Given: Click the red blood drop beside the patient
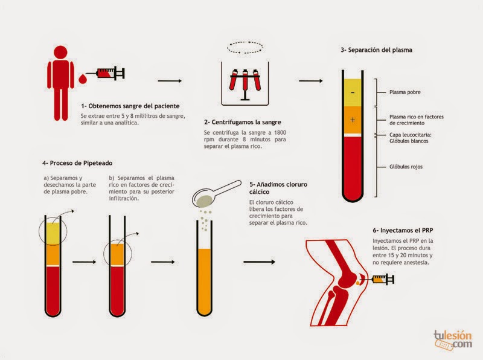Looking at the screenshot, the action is (x=83, y=79).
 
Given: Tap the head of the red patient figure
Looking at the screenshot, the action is (x=60, y=52).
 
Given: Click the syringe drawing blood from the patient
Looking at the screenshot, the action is (x=106, y=73).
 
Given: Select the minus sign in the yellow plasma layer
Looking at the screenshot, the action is (x=353, y=92).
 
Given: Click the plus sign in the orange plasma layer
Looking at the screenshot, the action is (x=353, y=120).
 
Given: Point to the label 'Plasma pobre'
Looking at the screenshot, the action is (x=405, y=92).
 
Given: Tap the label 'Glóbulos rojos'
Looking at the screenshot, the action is (x=406, y=167).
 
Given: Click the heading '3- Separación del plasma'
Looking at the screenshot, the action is (x=376, y=50).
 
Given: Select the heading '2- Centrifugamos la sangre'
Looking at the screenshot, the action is (x=243, y=122).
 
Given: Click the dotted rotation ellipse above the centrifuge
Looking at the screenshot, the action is (x=245, y=42).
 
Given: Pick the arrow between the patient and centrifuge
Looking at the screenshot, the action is (x=170, y=81).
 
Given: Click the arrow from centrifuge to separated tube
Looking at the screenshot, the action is (x=311, y=81).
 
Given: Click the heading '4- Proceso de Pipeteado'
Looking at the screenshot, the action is (x=77, y=163).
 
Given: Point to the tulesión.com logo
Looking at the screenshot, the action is (x=453, y=340).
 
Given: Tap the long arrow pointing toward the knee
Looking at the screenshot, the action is (x=259, y=262).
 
